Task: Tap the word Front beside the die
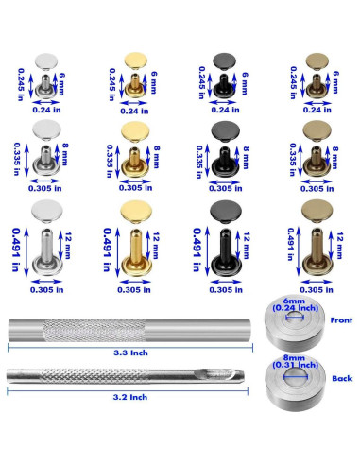point(339,321)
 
